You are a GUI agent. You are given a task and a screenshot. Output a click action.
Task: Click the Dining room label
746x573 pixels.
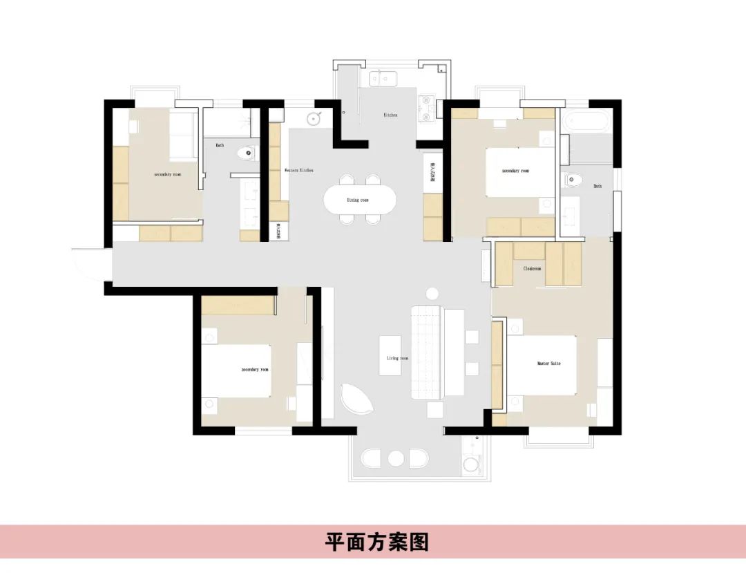(x=358, y=200)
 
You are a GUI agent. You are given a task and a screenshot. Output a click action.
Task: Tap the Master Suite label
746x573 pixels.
(x=548, y=363)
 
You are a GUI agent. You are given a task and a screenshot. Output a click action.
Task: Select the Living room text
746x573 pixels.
(x=397, y=358)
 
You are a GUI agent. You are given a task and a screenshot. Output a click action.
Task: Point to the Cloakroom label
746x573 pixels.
(x=532, y=268)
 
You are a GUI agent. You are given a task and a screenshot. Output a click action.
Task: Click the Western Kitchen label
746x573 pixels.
(x=298, y=170)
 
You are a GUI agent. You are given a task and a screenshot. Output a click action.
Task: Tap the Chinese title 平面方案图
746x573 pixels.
(x=377, y=542)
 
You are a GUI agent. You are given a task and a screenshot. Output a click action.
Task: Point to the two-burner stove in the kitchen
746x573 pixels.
(x=425, y=110)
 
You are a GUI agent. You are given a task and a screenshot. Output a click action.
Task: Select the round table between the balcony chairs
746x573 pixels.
(x=396, y=459)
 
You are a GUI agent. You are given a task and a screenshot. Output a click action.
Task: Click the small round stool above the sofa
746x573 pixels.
(x=433, y=293)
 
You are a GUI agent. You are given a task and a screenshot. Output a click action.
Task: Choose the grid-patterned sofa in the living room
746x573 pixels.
(x=426, y=353)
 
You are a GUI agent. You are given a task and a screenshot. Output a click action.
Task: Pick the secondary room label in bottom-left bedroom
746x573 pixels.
(x=255, y=370)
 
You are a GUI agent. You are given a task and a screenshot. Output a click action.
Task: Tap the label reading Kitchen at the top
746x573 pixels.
(x=390, y=115)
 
